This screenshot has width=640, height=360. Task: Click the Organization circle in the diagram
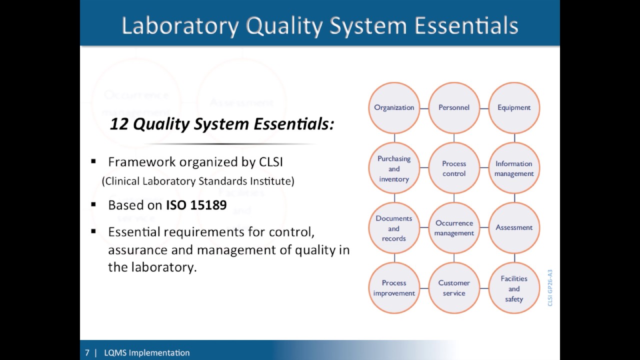click(x=394, y=108)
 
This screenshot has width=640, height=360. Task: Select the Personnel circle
click(x=454, y=108)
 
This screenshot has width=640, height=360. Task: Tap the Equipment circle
click(x=514, y=108)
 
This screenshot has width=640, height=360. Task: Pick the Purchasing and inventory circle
click(x=394, y=168)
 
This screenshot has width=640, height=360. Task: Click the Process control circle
click(x=454, y=168)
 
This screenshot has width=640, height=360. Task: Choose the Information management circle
click(x=514, y=168)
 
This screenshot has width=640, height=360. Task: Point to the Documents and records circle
click(x=394, y=228)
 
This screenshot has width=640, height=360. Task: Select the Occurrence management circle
click(x=454, y=228)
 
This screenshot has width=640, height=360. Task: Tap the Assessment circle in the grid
click(x=514, y=228)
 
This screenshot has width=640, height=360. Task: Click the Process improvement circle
click(x=394, y=288)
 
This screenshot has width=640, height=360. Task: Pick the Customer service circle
click(x=454, y=288)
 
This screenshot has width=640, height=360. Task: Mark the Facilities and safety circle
click(x=514, y=288)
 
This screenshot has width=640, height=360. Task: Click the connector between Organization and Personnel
click(x=424, y=108)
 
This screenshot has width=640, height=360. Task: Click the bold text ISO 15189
click(x=196, y=205)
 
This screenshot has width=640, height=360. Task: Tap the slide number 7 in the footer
click(x=87, y=353)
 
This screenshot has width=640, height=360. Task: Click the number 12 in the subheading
click(x=119, y=124)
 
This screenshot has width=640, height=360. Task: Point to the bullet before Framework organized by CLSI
click(x=93, y=162)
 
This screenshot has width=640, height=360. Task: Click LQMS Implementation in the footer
click(x=146, y=353)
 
